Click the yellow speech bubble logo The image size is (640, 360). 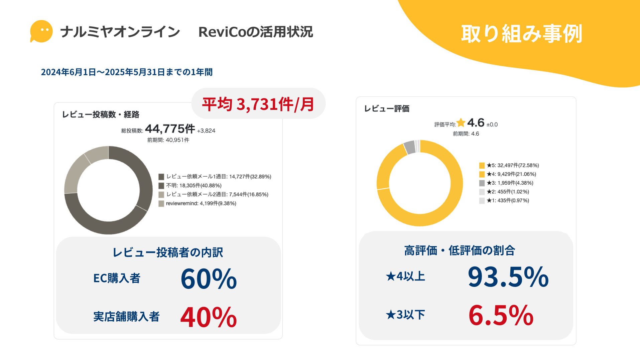(41, 31)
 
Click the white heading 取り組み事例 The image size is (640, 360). (521, 34)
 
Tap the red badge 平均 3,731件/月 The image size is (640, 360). (258, 104)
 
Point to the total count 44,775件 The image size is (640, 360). (170, 129)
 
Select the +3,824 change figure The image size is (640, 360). (206, 131)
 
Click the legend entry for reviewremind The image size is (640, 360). (201, 203)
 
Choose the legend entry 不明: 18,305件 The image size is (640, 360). (194, 186)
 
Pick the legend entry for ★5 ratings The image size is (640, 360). (512, 165)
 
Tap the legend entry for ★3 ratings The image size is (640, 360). (510, 183)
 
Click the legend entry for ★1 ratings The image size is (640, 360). (508, 201)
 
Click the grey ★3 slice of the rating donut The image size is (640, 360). (409, 147)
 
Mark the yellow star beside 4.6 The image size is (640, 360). (461, 123)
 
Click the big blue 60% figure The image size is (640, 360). (209, 279)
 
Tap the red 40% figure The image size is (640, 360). (209, 317)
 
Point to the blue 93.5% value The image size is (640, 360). (508, 277)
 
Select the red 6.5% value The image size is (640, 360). (501, 315)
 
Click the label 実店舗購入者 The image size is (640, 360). (126, 317)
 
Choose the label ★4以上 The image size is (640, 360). (405, 277)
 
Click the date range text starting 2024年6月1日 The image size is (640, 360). (127, 72)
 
